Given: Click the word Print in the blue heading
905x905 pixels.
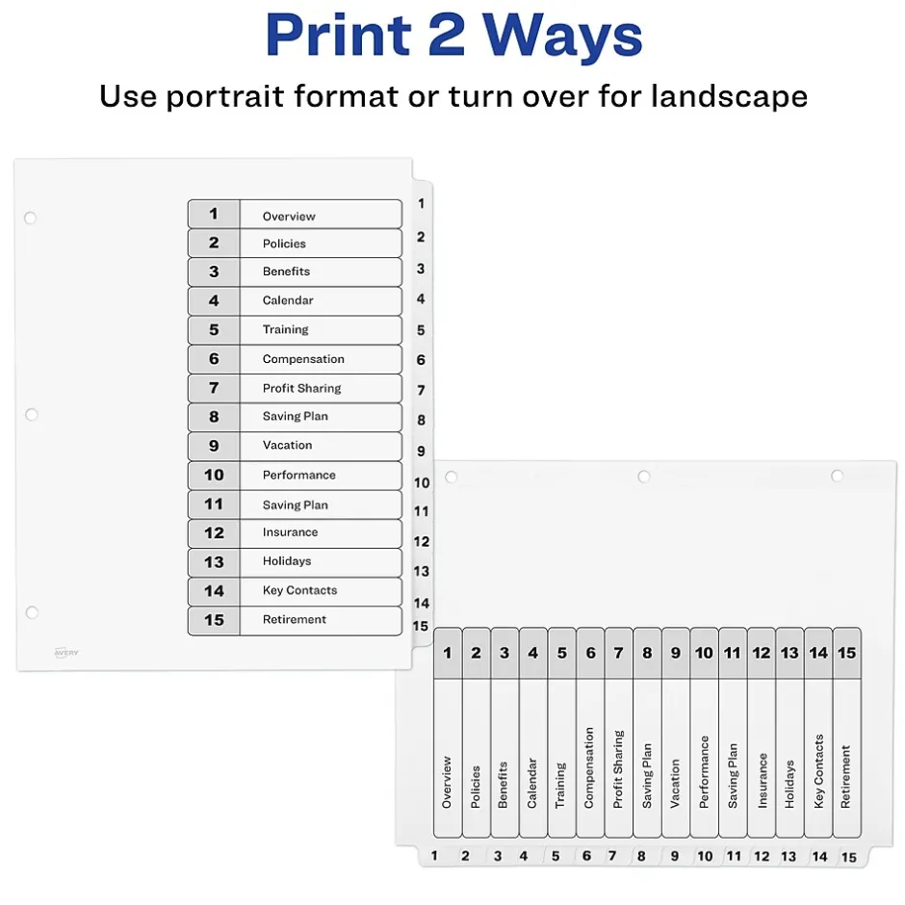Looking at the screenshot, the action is pyautogui.click(x=338, y=36).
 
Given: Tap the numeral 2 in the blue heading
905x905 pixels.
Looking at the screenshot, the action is pyautogui.click(x=447, y=36).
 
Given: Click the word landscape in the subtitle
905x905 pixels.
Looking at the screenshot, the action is pyautogui.click(x=729, y=96).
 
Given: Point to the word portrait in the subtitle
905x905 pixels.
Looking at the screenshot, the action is pyautogui.click(x=225, y=96).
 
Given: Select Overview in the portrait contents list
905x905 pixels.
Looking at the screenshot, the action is pyautogui.click(x=289, y=217).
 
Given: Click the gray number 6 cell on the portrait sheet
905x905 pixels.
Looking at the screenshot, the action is pyautogui.click(x=214, y=359).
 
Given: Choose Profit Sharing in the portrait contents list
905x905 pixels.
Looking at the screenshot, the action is pyautogui.click(x=301, y=388).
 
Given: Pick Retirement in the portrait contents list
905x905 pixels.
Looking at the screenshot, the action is pyautogui.click(x=295, y=619).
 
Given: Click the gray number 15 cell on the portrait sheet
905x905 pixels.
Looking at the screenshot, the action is pyautogui.click(x=214, y=620).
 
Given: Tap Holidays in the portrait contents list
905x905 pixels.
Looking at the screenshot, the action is pyautogui.click(x=287, y=561).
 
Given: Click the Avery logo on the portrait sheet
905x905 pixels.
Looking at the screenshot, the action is pyautogui.click(x=66, y=653).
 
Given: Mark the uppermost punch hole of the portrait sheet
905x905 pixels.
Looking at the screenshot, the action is pyautogui.click(x=30, y=218).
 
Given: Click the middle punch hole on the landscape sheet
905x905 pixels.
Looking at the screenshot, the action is pyautogui.click(x=644, y=477).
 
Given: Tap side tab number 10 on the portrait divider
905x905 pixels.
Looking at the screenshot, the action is pyautogui.click(x=422, y=482).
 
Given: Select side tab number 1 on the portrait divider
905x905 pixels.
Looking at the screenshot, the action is pyautogui.click(x=422, y=204).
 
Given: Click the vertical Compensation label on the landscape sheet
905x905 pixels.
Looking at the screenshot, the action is pyautogui.click(x=588, y=767).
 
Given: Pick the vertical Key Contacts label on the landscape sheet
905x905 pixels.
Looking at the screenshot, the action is pyautogui.click(x=818, y=771).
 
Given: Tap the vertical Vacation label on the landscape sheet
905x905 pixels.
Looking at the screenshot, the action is pyautogui.click(x=675, y=784).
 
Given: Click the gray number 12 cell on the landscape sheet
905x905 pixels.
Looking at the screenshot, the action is pyautogui.click(x=762, y=653).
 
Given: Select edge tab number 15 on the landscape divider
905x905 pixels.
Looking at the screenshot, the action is pyautogui.click(x=848, y=857).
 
